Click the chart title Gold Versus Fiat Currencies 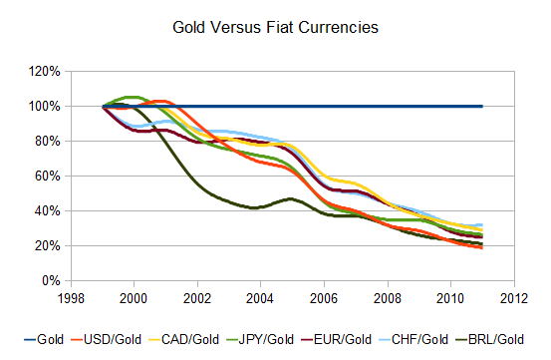[x=275, y=28]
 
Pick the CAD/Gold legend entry [x=194, y=339]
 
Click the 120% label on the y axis [x=46, y=72]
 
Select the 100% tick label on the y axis [x=46, y=107]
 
